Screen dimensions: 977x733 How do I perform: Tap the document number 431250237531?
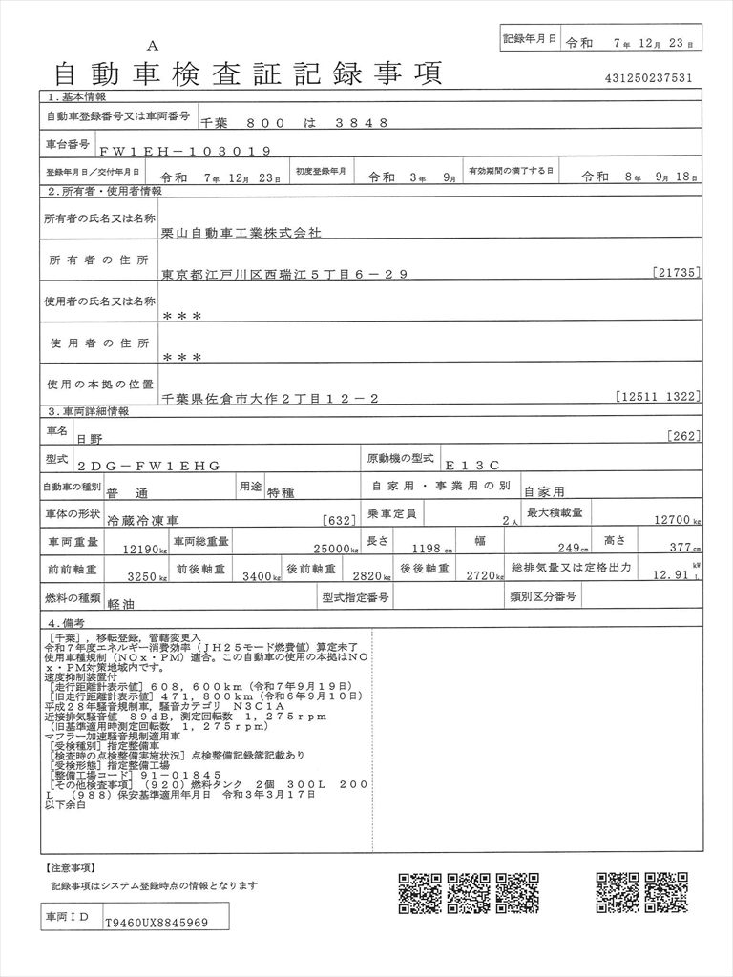coord(649,78)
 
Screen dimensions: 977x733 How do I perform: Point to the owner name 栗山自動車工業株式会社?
coord(241,232)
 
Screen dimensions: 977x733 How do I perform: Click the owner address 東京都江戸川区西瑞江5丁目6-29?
coord(284,274)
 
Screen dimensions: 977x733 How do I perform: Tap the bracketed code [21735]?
coord(677,273)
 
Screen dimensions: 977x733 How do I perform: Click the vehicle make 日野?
coord(90,439)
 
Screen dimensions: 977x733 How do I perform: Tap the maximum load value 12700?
coord(672,521)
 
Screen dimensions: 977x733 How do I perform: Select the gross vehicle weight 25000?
coord(328,549)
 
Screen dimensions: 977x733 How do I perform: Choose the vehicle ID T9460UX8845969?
coord(157,923)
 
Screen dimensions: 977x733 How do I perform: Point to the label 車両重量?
coord(72,542)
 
